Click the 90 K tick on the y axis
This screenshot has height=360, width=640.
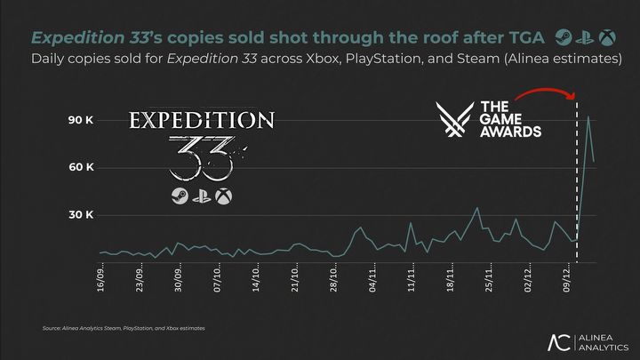click(82, 120)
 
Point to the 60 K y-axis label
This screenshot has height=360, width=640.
click(82, 167)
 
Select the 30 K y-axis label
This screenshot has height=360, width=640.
click(82, 215)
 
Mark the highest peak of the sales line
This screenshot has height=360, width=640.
click(588, 116)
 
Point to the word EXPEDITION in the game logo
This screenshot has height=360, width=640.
click(202, 120)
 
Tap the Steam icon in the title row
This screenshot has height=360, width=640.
click(563, 36)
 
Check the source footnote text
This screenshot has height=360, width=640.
click(124, 329)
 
